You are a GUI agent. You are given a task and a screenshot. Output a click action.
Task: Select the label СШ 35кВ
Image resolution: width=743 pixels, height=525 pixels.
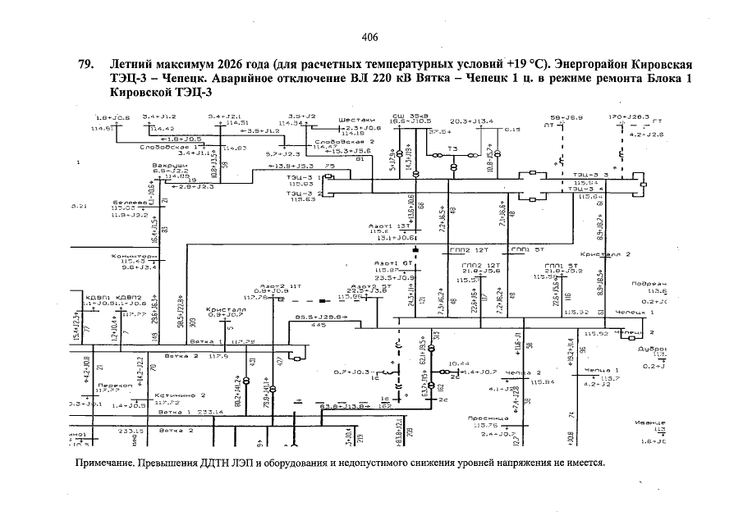pos(405,116)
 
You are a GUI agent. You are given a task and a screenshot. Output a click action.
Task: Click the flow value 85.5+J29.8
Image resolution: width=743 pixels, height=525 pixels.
pos(316,316)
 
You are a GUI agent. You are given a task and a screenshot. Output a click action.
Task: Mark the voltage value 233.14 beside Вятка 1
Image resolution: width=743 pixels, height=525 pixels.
pos(209,412)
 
